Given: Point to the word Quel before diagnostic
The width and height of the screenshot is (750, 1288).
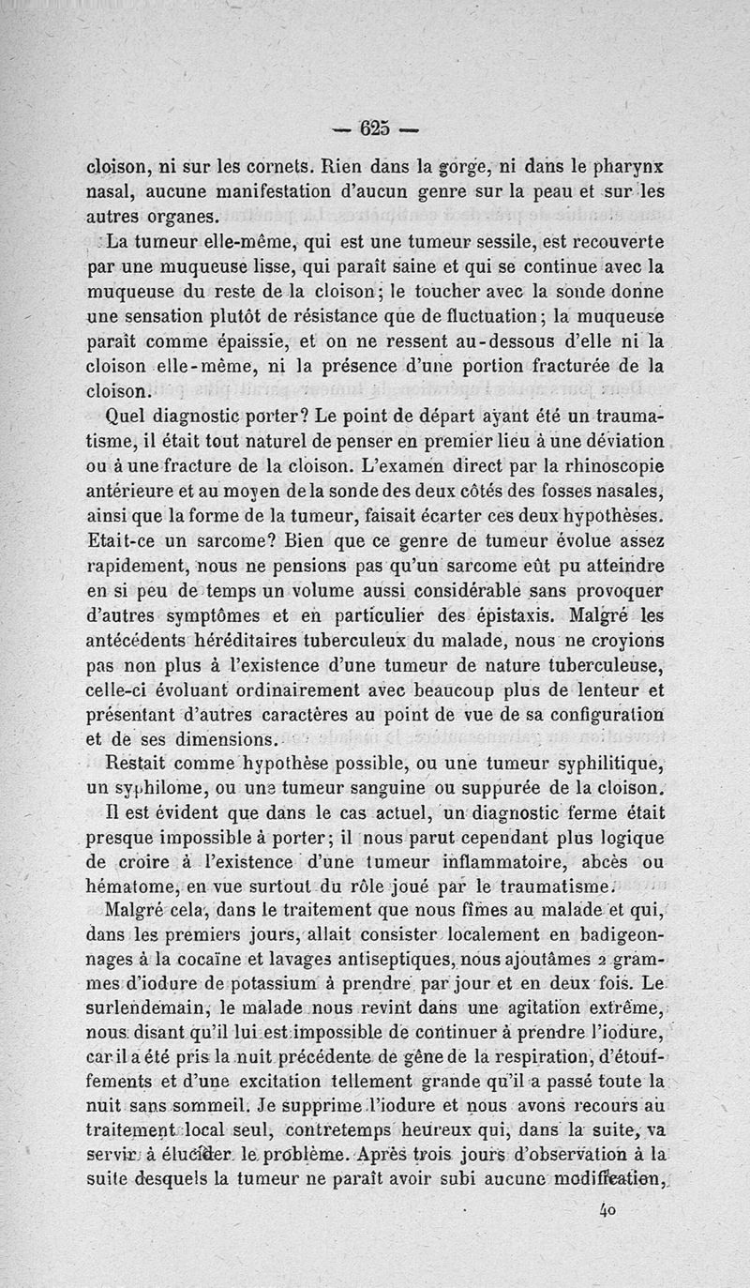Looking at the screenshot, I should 129,416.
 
